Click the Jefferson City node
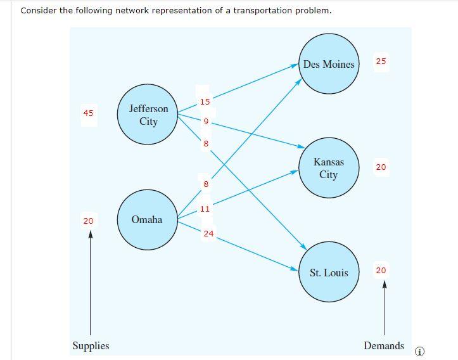click(x=148, y=115)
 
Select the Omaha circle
click(x=147, y=220)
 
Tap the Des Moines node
click(x=329, y=64)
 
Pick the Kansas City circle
click(x=329, y=168)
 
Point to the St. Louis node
click(x=329, y=273)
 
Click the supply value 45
click(x=88, y=113)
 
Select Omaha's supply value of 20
click(x=88, y=221)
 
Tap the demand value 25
click(x=381, y=61)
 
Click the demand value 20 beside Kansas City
click(x=381, y=167)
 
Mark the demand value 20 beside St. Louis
click(x=381, y=271)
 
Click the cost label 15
click(x=205, y=101)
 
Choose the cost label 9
click(x=205, y=122)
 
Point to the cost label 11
click(x=205, y=209)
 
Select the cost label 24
click(x=208, y=234)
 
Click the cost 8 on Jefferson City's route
click(x=205, y=144)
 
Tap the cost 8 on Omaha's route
click(x=205, y=184)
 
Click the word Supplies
click(x=91, y=346)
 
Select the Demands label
click(x=383, y=346)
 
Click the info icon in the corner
click(x=419, y=352)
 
